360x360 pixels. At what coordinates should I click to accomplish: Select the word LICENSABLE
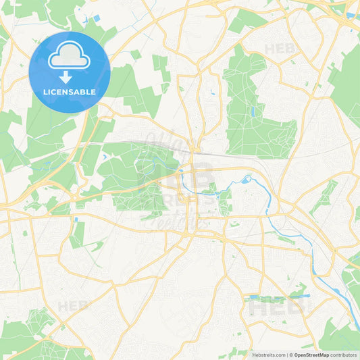69,92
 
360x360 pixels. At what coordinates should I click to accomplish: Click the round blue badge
69,72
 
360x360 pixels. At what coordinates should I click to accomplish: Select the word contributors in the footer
344,354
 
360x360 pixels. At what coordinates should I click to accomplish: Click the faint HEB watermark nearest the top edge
280,49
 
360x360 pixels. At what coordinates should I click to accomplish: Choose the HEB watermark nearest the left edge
73,306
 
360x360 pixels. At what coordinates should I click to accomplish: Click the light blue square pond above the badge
97,18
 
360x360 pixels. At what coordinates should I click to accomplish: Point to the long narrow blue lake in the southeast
270,297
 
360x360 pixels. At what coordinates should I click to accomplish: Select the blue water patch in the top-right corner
351,14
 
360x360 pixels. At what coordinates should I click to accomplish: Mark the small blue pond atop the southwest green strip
76,219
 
